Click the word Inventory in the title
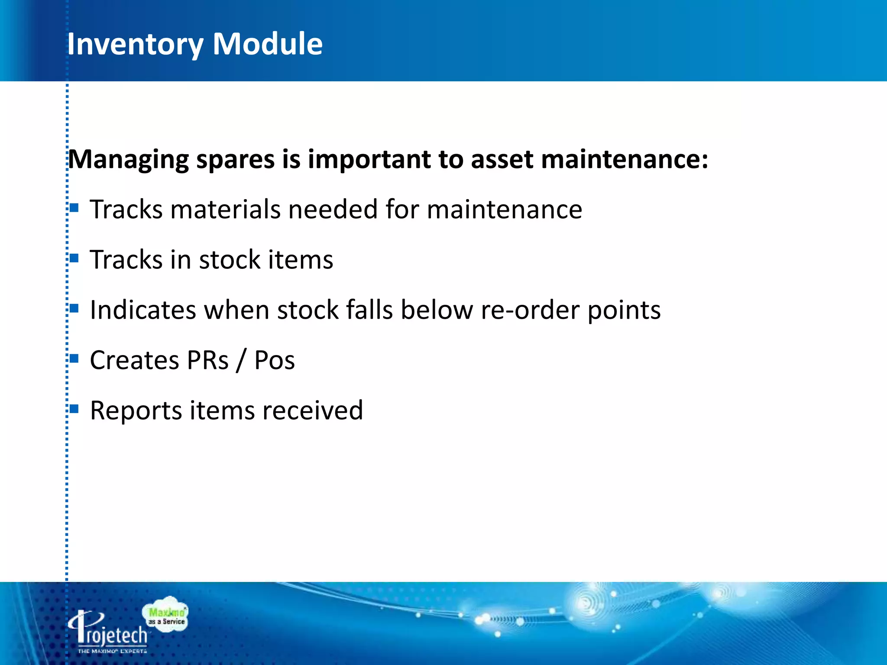135,44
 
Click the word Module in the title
267,44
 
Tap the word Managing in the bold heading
129,160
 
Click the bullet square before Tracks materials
74,208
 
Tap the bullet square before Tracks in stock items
74,258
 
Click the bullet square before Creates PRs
74,358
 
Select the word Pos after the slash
274,360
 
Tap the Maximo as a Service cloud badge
166,616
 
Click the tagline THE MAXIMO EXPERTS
112,651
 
